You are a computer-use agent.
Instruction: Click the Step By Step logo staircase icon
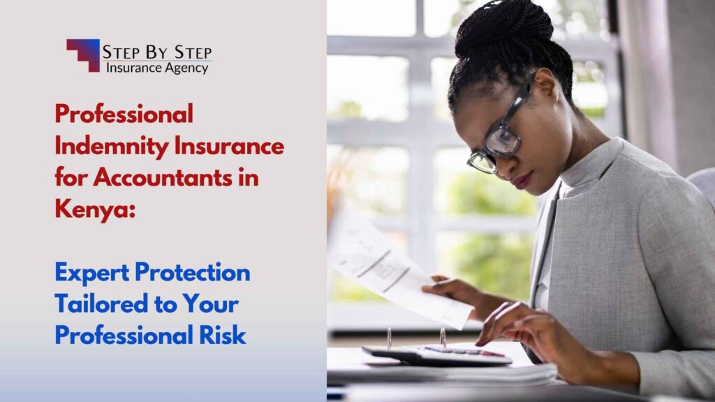point(83,54)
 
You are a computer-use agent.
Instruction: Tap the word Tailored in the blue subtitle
point(98,304)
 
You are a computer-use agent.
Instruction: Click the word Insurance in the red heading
point(237,147)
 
